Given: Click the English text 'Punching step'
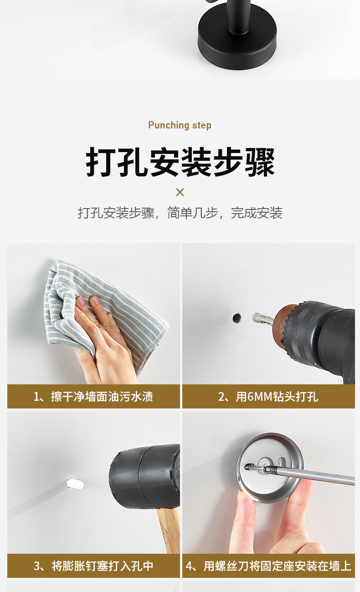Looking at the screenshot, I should [180, 125].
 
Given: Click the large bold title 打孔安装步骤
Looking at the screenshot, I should [180, 162].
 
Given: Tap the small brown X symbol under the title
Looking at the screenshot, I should [180, 192].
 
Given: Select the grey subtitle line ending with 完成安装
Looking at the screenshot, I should [180, 213].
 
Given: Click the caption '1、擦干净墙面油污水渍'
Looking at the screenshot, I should [93, 397].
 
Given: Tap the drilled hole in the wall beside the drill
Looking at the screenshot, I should [237, 318].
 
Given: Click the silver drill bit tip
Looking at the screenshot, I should [262, 318].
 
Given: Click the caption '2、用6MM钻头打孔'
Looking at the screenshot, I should [268, 397].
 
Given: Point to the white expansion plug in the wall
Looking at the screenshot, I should [76, 483].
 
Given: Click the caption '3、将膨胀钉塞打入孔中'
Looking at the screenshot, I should [93, 566].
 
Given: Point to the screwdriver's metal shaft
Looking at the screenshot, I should [319, 476].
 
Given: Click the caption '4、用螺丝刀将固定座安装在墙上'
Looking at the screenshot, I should [268, 566].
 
